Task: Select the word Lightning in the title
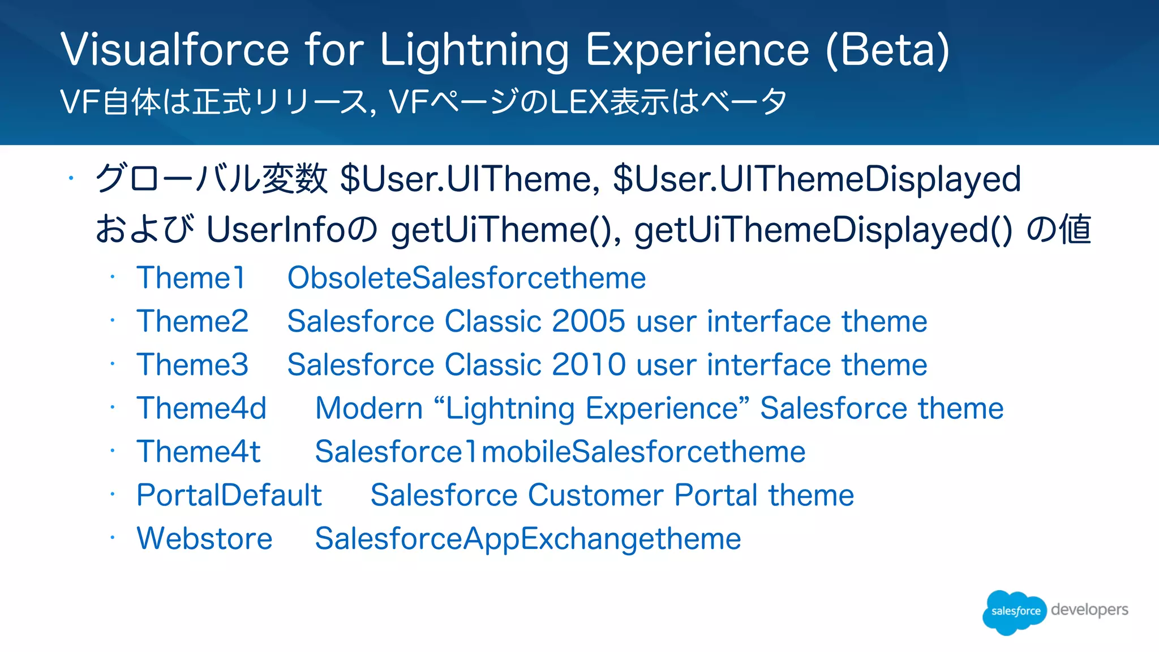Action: pos(474,51)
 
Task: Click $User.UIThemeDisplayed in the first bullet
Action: pos(817,179)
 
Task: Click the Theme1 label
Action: pos(191,278)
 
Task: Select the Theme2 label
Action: pos(192,321)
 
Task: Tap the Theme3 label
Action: pos(192,364)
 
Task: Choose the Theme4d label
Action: pos(201,408)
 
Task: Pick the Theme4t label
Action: pos(199,452)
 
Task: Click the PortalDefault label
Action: pos(229,495)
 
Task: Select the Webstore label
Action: pos(204,538)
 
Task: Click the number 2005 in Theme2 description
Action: pos(588,321)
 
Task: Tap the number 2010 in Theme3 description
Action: pos(588,364)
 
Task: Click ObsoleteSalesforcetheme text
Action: pos(466,278)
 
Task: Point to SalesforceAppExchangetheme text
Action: pos(527,538)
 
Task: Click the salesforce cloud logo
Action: pos(1014,611)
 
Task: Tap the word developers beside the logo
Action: pos(1089,610)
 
